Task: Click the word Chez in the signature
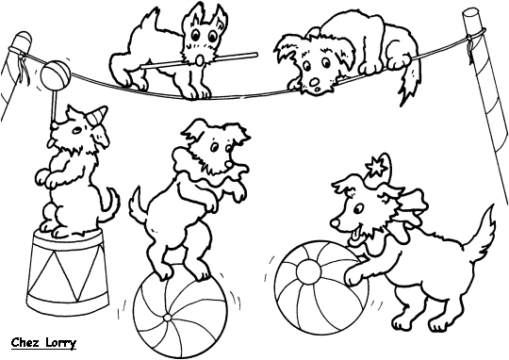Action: pos(22,342)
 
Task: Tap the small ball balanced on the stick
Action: pos(56,74)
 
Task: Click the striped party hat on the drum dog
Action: pos(97,115)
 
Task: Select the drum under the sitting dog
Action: pos(67,271)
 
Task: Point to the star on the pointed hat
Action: pos(376,167)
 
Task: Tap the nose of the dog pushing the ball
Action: pos(335,222)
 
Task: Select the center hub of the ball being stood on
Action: pos(167,317)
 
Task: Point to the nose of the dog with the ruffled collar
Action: pos(230,165)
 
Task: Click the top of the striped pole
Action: pos(470,16)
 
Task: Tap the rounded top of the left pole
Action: pos(23,39)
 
